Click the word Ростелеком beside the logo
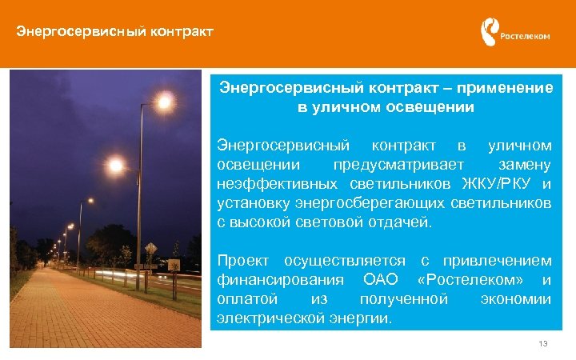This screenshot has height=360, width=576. pyautogui.click(x=525, y=35)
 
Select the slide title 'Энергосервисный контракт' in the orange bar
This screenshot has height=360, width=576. pyautogui.click(x=115, y=33)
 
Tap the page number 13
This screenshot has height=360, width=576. pyautogui.click(x=543, y=343)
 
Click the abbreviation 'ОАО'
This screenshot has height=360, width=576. pyautogui.click(x=380, y=280)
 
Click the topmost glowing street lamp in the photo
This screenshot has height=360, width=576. pyautogui.click(x=165, y=102)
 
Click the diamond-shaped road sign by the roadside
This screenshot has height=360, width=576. pyautogui.click(x=150, y=247)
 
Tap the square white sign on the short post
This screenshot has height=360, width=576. pyautogui.click(x=173, y=265)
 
